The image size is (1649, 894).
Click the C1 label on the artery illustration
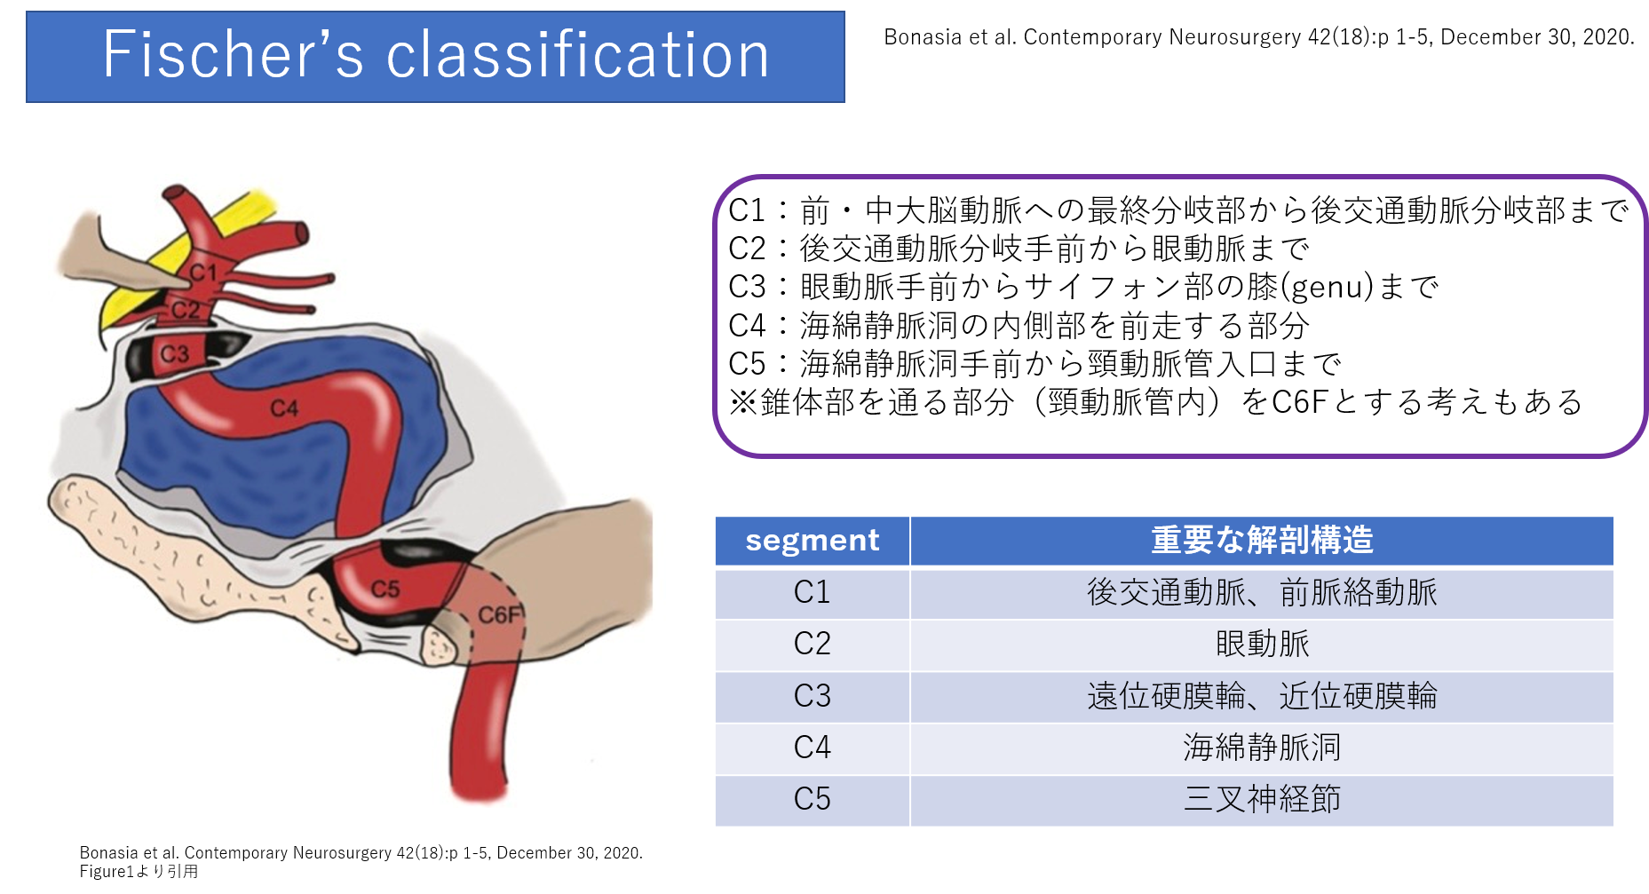pyautogui.click(x=202, y=272)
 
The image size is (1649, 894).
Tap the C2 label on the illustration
pyautogui.click(x=186, y=309)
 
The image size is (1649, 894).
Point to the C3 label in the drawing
pyautogui.click(x=174, y=354)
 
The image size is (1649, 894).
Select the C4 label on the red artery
pyautogui.click(x=284, y=407)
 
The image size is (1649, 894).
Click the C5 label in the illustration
pyautogui.click(x=385, y=589)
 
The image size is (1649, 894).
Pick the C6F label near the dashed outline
pyautogui.click(x=500, y=614)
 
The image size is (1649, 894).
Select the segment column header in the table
pyautogui.click(x=812, y=540)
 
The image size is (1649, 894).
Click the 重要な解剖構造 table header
pyautogui.click(x=1261, y=540)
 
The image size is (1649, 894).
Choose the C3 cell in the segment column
pyautogui.click(x=812, y=695)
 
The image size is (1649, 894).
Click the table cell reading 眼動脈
pyautogui.click(x=1261, y=644)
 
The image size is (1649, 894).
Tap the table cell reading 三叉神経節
pyautogui.click(x=1261, y=798)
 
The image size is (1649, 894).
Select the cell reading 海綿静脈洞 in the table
pyautogui.click(x=1261, y=747)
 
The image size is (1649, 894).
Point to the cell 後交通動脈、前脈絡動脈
pyautogui.click(x=1261, y=592)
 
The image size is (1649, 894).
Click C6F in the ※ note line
pyautogui.click(x=1299, y=402)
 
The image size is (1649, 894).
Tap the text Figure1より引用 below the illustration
pyautogui.click(x=139, y=871)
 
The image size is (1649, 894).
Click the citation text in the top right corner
pyautogui.click(x=1258, y=37)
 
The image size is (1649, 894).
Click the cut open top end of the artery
pyautogui.click(x=174, y=194)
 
